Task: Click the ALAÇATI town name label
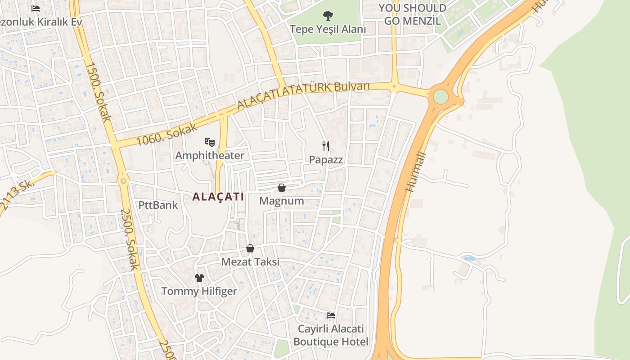tap(218, 197)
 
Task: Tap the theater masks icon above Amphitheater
tap(210, 143)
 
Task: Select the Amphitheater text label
tap(210, 156)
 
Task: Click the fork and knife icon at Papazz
tap(326, 146)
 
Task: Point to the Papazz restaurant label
tap(326, 160)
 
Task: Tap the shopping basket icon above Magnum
tap(282, 188)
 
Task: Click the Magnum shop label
tap(282, 201)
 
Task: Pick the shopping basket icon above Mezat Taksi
tap(250, 248)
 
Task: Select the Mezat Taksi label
tap(250, 262)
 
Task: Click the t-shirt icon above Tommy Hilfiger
tap(199, 278)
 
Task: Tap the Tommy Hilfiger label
tap(199, 291)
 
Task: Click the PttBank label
tap(158, 205)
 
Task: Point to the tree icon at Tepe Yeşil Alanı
tap(328, 16)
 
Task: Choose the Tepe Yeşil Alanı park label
tap(328, 29)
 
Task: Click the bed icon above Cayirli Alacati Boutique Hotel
tap(331, 315)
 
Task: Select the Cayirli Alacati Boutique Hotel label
tap(331, 335)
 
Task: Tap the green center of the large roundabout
tap(441, 96)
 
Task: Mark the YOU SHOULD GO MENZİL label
tap(412, 14)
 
